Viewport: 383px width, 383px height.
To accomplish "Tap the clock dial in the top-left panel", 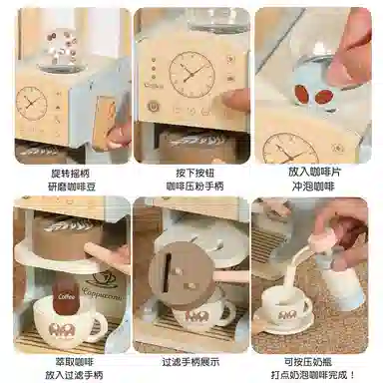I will point(31,102).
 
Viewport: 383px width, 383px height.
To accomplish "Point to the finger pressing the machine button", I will point(235,100).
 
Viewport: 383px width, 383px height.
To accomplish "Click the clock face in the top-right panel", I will point(290,149).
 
